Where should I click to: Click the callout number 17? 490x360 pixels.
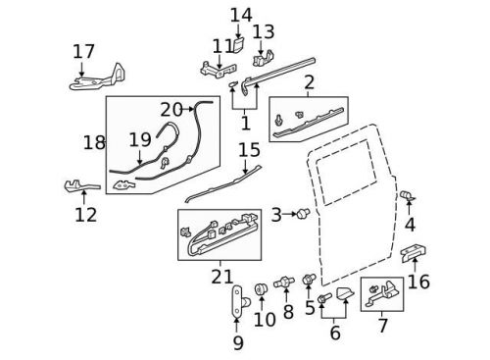(x=83, y=51)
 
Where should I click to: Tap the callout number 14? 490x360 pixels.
(x=240, y=15)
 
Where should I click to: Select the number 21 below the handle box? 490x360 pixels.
(x=222, y=278)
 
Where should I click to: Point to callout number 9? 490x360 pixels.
(x=238, y=342)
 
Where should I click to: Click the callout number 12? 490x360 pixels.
(x=86, y=214)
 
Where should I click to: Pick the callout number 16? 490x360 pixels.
(x=418, y=282)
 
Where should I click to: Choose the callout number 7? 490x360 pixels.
(x=382, y=325)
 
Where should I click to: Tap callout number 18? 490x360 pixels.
(x=94, y=143)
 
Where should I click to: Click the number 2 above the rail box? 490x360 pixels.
(x=309, y=82)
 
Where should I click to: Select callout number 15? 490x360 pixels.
(x=249, y=150)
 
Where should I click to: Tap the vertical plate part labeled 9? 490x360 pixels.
(x=238, y=305)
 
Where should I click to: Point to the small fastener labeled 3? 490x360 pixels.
(x=303, y=214)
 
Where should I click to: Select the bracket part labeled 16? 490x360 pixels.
(x=412, y=254)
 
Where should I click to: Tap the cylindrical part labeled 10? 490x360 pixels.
(x=262, y=289)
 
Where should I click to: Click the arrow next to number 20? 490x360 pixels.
(x=190, y=109)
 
